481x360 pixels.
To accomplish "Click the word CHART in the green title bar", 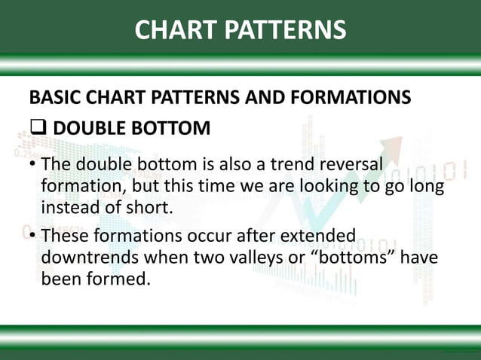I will coord(174,29).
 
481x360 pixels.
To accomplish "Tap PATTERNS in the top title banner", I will coord(283,29).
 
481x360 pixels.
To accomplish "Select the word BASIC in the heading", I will coord(51,99).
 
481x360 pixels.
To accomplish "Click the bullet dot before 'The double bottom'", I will coord(32,165).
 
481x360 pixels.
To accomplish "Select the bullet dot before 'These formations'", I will coord(32,236).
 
